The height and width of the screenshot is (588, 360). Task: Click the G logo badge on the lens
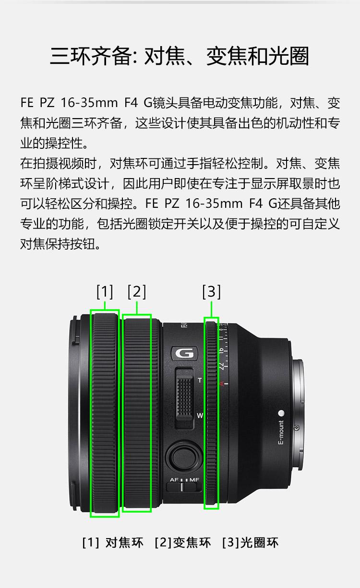185,353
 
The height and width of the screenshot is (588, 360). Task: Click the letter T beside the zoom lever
200,380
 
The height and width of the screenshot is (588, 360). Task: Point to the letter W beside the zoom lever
200,415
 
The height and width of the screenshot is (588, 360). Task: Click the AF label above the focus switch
174,480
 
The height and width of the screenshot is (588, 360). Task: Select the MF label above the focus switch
194,480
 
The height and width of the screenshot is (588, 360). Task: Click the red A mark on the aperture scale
221,384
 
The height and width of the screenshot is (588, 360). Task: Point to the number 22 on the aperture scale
221,366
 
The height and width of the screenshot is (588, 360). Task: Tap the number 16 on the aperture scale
221,350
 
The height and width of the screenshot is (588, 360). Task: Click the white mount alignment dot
281,414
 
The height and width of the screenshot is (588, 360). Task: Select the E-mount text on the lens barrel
281,432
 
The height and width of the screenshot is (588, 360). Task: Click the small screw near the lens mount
297,428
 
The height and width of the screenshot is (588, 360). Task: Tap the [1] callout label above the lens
105,291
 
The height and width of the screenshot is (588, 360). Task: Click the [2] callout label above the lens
136,291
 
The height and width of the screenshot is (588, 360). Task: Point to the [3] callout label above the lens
211,291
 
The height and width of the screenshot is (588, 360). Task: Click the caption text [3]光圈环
250,543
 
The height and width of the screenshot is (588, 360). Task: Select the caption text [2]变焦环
183,543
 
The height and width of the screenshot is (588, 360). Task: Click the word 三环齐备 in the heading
90,56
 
